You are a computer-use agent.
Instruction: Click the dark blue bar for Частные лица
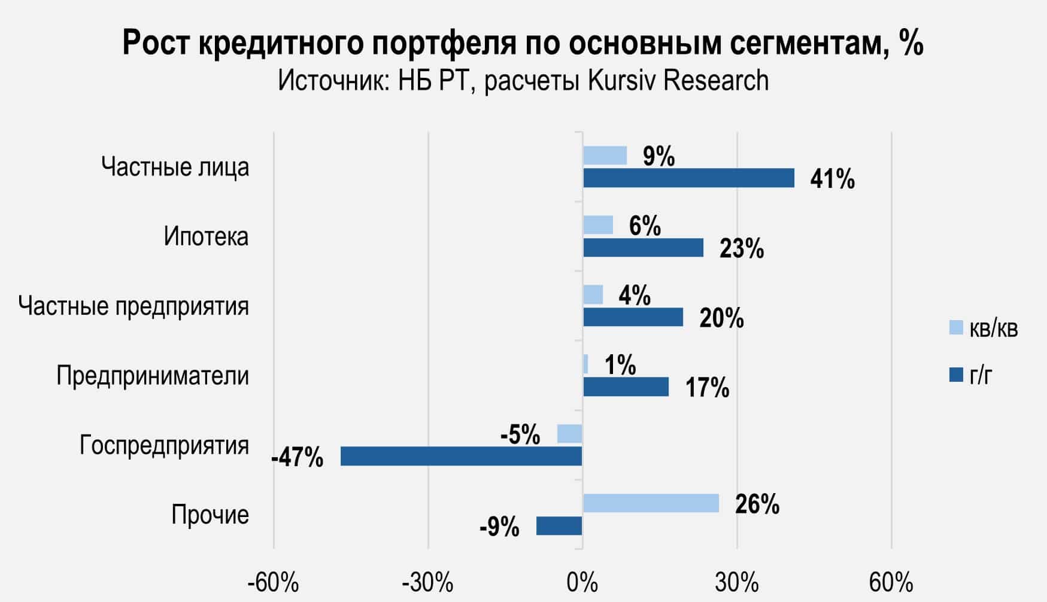pos(688,178)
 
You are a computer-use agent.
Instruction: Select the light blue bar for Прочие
pos(651,503)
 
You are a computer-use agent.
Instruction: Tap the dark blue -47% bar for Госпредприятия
pos(461,456)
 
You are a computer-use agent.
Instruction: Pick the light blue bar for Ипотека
pos(598,225)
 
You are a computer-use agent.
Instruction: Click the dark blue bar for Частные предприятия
pos(633,317)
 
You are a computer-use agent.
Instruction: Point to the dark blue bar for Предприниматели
pos(626,387)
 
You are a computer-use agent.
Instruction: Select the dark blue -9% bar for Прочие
pos(559,526)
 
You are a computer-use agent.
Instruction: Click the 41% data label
pos(832,179)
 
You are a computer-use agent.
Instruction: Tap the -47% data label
pos(298,458)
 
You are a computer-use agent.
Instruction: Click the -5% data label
pos(520,434)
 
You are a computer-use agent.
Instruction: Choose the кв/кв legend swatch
pos(956,328)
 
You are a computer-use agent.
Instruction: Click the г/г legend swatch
pos(956,375)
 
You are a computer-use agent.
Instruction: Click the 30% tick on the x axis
pos(738,583)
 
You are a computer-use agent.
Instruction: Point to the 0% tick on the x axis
pos(582,583)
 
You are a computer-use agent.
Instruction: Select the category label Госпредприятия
pos(165,445)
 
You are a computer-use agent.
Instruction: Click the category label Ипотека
pos(206,237)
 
